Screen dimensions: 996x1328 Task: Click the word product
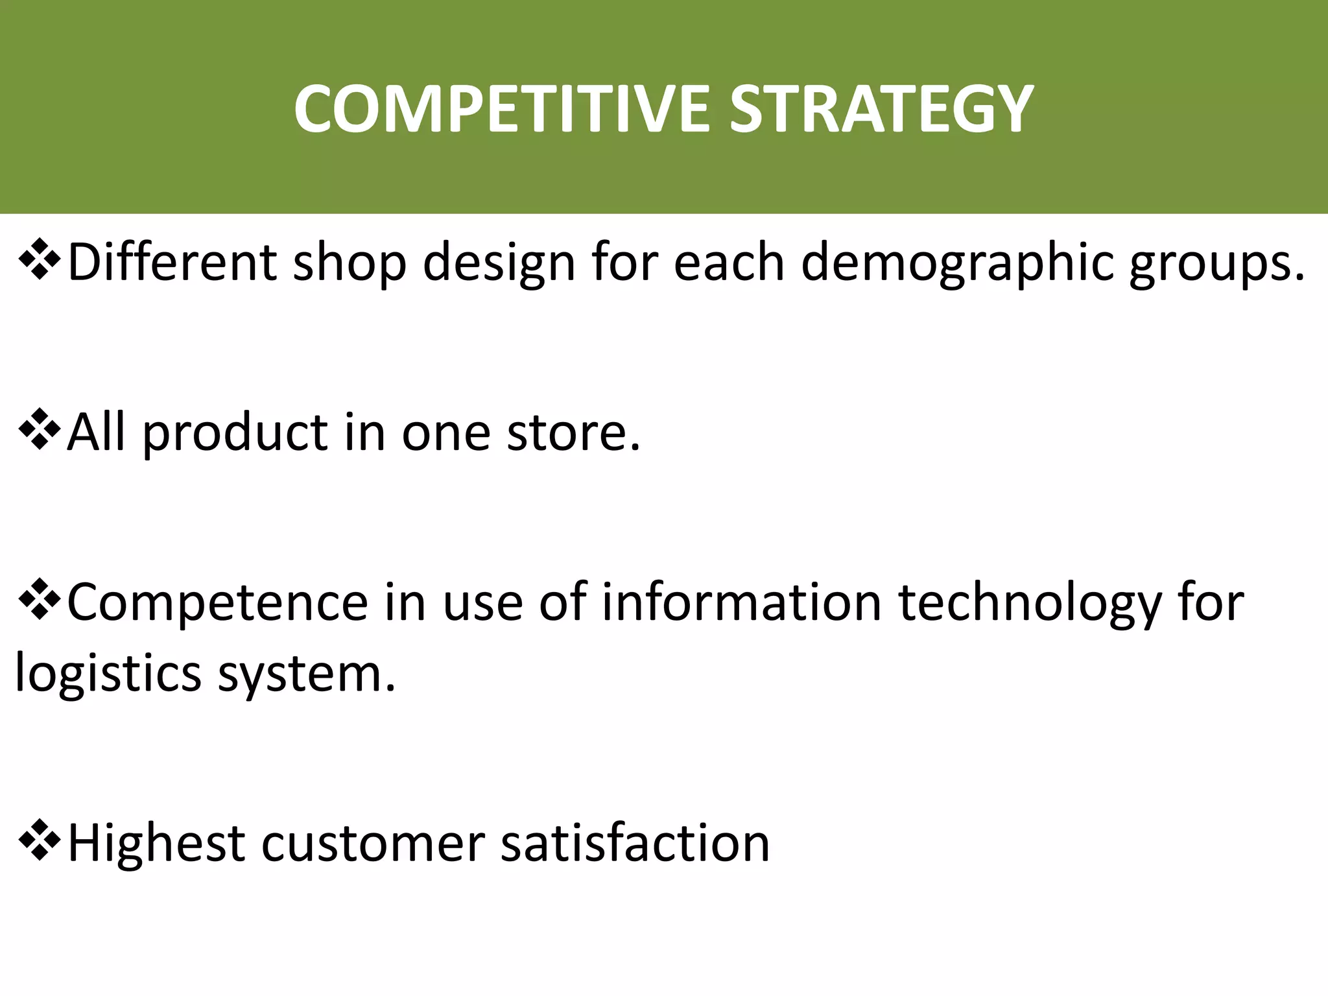pos(235,433)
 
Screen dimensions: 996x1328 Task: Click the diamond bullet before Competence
pos(40,600)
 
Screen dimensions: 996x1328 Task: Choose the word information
pos(741,602)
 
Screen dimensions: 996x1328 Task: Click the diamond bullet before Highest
pos(40,840)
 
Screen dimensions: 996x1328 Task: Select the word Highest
pos(156,844)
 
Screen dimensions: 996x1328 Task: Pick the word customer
pos(373,844)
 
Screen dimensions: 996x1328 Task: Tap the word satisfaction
pos(635,844)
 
